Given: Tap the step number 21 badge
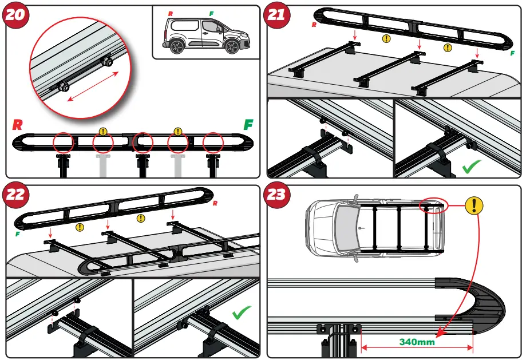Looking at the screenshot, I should click(277, 15).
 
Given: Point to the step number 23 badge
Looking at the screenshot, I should click(277, 195).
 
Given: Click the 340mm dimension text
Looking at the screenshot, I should click(416, 342).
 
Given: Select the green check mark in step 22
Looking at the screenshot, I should click(242, 312).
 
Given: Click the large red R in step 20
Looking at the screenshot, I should click(19, 125).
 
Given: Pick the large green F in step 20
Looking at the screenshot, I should click(248, 125).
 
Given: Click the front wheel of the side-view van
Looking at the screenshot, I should click(232, 46).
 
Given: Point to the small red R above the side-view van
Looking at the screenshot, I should click(170, 13).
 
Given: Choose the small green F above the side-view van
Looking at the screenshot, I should click(211, 13).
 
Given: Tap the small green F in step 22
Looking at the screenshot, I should click(17, 234).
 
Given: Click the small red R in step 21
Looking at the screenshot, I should click(314, 25).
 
